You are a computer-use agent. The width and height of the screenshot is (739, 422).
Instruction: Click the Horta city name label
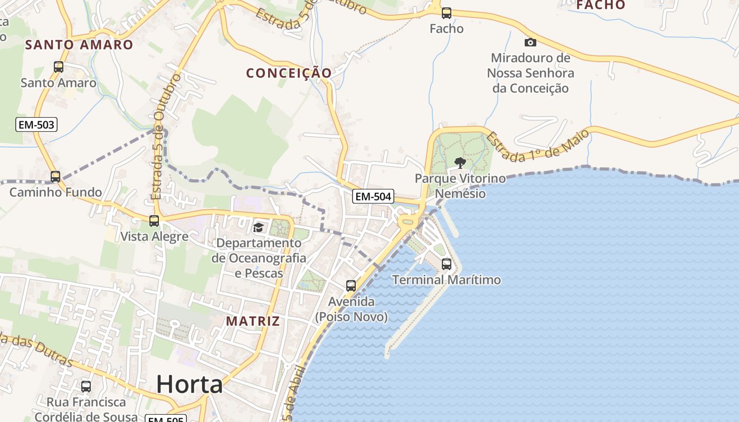190,384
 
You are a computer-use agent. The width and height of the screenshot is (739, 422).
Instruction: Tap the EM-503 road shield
36,125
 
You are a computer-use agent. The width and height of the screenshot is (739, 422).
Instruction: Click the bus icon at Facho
447,13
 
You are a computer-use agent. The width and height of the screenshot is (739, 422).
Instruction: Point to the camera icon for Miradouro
530,42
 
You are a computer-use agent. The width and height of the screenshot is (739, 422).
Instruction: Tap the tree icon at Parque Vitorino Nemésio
460,162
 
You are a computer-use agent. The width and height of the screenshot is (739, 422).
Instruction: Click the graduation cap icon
258,227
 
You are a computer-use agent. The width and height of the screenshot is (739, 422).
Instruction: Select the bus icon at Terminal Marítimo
447,264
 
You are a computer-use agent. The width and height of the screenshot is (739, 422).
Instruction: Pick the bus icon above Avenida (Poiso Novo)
351,286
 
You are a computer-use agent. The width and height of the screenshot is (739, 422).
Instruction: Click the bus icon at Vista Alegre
154,221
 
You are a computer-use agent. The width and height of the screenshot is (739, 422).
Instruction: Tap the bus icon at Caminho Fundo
55,177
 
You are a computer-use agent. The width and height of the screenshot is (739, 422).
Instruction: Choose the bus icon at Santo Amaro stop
59,67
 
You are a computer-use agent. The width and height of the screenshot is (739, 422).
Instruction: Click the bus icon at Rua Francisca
86,387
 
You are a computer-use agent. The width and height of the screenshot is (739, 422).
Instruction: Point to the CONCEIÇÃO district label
289,73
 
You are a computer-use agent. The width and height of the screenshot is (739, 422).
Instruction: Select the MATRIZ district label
253,321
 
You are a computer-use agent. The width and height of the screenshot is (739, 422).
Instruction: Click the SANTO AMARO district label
79,45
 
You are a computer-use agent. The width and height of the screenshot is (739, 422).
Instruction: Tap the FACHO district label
601,5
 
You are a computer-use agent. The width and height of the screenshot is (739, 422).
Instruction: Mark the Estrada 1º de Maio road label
537,146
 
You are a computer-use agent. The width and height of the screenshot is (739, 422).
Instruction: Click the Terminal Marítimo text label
447,280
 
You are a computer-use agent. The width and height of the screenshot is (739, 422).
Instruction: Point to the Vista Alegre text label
154,236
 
